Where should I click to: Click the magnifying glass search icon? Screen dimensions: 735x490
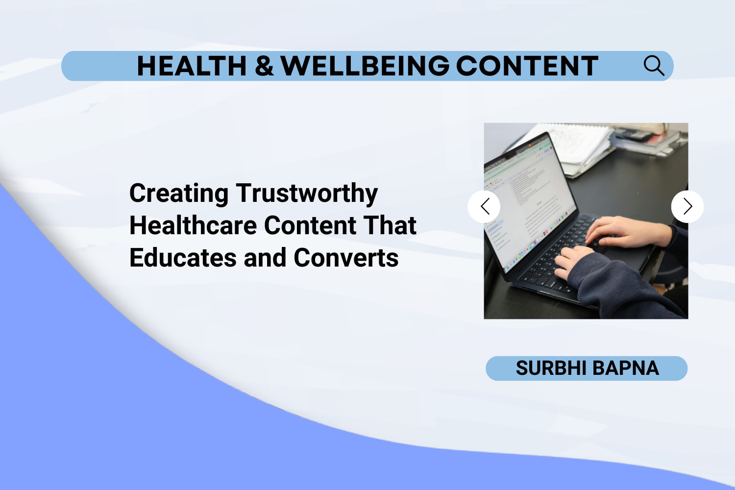click(654, 66)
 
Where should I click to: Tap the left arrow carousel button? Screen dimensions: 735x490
click(484, 206)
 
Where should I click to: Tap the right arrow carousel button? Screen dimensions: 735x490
click(687, 206)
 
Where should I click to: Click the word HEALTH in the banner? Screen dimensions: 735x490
click(191, 66)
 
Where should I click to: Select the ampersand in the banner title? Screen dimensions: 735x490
click(264, 66)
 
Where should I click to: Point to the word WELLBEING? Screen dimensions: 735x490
click(365, 66)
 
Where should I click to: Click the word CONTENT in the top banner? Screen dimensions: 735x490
click(527, 66)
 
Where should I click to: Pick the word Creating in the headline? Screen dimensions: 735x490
click(179, 194)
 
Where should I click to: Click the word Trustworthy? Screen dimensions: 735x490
click(307, 194)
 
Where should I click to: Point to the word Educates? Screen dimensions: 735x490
click(183, 258)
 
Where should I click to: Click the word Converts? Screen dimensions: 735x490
click(346, 258)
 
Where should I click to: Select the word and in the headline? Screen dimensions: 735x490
click(265, 258)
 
